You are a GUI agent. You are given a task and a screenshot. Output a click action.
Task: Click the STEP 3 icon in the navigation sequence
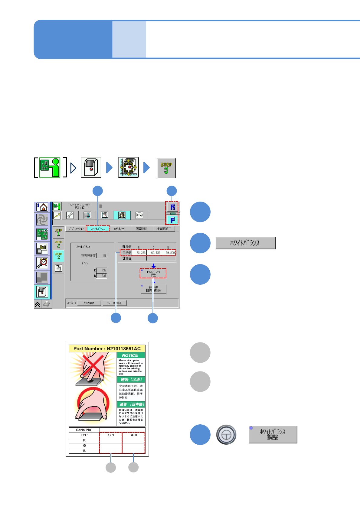point(166,168)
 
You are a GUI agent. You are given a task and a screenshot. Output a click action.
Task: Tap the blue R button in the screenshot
point(172,207)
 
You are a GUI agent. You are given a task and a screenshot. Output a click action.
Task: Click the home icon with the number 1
point(42,207)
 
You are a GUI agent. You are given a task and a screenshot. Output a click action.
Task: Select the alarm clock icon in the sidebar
point(42,263)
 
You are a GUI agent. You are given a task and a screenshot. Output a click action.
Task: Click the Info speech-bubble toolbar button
point(139,215)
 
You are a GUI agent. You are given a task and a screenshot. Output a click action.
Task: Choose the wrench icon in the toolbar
point(70,215)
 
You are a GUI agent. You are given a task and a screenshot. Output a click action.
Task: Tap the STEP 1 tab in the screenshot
point(58,232)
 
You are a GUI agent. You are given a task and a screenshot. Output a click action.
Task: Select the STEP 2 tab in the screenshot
point(58,244)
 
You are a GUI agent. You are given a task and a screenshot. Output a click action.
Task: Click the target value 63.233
point(139,253)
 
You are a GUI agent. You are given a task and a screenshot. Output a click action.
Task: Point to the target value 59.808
point(168,253)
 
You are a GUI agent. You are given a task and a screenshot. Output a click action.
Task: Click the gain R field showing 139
point(102,270)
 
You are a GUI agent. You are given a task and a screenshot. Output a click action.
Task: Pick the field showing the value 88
point(102,256)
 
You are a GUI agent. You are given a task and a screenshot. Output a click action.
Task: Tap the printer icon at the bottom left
point(47,304)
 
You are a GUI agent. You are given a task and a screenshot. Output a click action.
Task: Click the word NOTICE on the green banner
point(130,355)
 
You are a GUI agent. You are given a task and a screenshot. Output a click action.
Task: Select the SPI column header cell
point(111,435)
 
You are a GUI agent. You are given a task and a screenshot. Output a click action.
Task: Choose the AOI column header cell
point(134,435)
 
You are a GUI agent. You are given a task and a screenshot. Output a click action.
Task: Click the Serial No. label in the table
point(84,430)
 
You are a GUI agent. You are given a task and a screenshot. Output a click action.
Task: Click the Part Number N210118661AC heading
point(107,349)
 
